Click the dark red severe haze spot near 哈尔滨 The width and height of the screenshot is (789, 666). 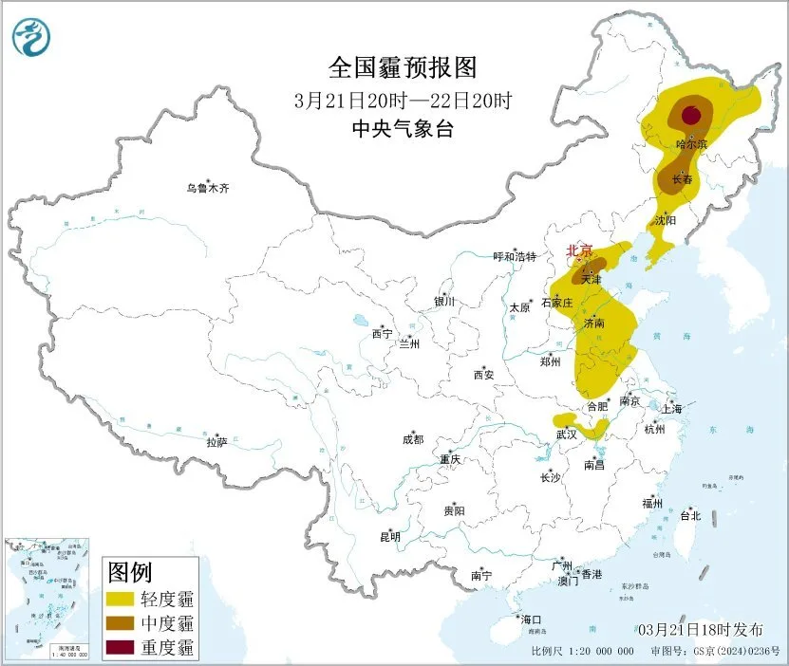692,117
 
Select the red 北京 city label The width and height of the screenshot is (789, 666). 579,250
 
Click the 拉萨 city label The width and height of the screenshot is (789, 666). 216,442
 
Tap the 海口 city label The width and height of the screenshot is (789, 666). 530,620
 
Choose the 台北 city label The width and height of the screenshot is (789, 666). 689,516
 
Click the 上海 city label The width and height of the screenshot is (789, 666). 672,409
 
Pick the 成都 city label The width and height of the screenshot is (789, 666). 412,439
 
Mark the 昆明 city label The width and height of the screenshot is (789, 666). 389,537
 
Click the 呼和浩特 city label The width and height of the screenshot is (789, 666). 515,257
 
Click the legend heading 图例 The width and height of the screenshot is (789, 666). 130,572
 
